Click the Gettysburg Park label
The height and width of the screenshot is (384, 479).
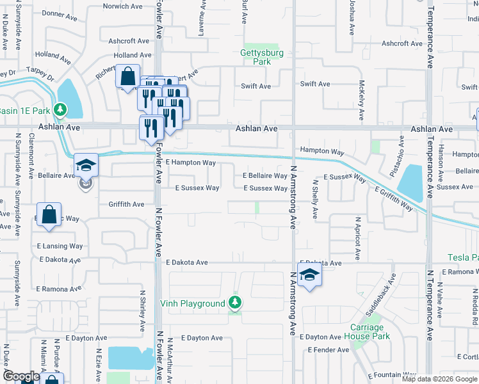[x=256, y=57]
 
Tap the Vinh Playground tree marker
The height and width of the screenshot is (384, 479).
[x=235, y=303]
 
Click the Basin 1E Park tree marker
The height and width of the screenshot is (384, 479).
[x=60, y=110]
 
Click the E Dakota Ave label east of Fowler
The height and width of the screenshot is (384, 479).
[x=187, y=262]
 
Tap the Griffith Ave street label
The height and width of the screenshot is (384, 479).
[x=126, y=204]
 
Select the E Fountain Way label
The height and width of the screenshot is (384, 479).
[x=393, y=375]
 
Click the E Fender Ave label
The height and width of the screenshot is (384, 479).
[x=328, y=350]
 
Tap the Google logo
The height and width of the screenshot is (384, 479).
[x=21, y=377]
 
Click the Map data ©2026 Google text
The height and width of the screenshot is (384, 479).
[x=439, y=379]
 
